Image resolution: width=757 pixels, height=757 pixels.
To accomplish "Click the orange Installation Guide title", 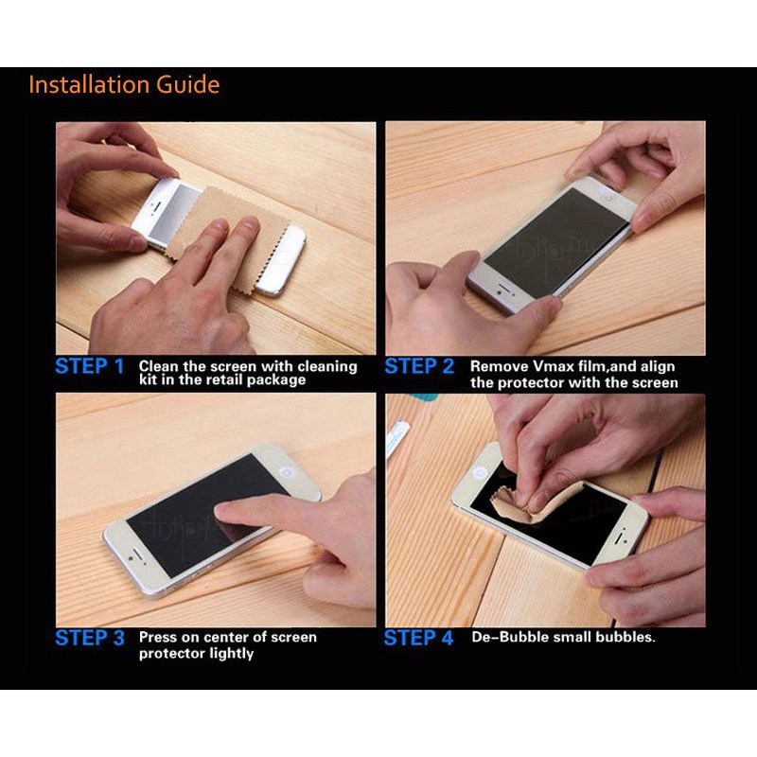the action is [125, 84].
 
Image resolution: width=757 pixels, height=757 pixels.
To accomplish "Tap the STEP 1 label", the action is [90, 366].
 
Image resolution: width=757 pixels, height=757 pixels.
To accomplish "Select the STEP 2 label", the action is [419, 366].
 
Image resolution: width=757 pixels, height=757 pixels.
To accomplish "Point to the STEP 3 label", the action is [90, 638].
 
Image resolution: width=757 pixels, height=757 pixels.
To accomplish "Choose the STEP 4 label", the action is [418, 638].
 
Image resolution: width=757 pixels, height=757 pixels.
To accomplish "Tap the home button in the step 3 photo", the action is [288, 471].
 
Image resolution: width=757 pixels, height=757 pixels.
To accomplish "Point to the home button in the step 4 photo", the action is [480, 471].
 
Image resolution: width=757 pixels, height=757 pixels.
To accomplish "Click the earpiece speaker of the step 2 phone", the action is [504, 288].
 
